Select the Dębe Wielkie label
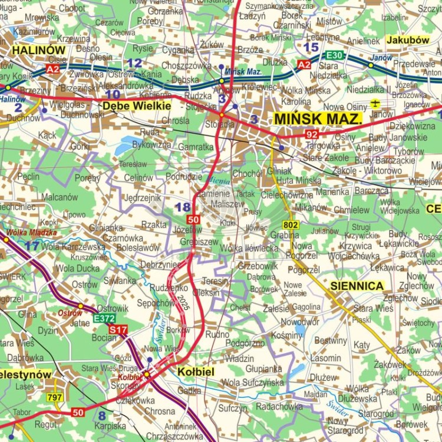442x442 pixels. click(137, 105)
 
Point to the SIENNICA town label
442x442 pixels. click(357, 286)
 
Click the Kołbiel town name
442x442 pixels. click(195, 371)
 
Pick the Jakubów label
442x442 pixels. click(408, 40)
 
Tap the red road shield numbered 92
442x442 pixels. click(312, 135)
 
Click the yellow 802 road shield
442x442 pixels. click(290, 225)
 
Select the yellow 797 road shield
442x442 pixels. click(55, 398)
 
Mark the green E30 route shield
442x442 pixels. click(335, 55)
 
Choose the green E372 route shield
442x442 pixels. click(103, 319)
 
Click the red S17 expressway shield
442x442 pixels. click(118, 329)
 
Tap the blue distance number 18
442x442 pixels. click(183, 207)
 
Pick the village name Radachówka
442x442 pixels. click(279, 406)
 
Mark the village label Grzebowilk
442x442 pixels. click(258, 266)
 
